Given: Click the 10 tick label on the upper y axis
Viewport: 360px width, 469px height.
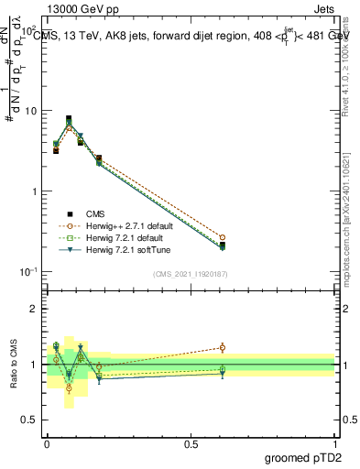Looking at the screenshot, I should click(29, 111).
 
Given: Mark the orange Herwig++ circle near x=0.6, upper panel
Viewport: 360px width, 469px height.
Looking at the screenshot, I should click(223, 237).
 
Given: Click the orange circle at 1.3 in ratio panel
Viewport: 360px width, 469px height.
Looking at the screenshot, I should click(223, 347).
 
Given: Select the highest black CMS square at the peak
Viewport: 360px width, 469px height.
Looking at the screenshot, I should click(69, 118).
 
